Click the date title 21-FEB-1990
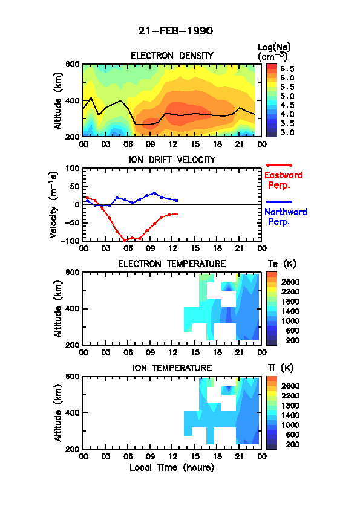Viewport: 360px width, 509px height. (175, 31)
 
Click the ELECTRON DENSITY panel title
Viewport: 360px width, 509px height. (172, 56)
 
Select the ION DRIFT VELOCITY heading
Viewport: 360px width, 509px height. (172, 160)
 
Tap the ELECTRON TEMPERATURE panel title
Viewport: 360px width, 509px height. (172, 264)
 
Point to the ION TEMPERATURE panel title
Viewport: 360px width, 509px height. (172, 368)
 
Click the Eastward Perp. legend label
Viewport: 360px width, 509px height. (283, 181)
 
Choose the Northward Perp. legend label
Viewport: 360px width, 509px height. (286, 217)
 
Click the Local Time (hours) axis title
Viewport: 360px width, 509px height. (172, 468)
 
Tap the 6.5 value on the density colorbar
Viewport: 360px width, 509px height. (287, 69)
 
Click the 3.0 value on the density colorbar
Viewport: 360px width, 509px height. (287, 133)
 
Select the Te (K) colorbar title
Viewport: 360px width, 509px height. (282, 264)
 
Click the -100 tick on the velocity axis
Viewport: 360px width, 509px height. (72, 241)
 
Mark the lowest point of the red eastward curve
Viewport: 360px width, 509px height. (125, 241)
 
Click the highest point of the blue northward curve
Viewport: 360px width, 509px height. (154, 193)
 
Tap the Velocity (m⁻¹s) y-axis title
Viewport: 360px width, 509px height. (54, 205)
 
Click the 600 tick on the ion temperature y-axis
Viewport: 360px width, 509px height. (73, 377)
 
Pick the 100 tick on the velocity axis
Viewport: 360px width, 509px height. (73, 168)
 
